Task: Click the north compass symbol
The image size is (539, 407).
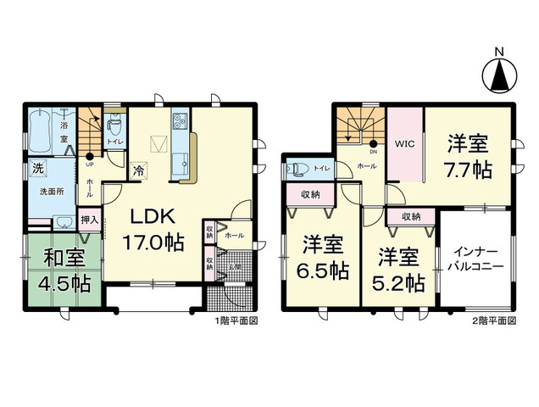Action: pyautogui.click(x=500, y=74)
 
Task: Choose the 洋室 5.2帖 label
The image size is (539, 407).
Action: pyautogui.click(x=399, y=269)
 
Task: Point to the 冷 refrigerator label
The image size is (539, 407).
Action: pyautogui.click(x=139, y=170)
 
